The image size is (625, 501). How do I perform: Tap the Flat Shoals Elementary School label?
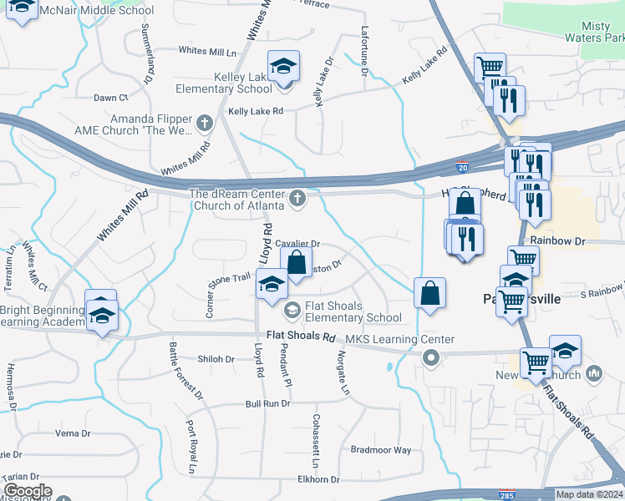click(353, 311)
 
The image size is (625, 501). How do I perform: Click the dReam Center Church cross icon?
click(297, 199)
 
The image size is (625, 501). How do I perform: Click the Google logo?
click(27, 491)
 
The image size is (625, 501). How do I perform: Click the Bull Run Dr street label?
click(267, 403)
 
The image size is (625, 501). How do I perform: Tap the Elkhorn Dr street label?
click(318, 479)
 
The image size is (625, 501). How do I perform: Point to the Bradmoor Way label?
click(381, 449)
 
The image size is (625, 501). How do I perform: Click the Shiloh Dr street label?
click(216, 359)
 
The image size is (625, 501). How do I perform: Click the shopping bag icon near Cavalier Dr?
click(296, 262)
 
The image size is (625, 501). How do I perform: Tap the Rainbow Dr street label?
click(556, 240)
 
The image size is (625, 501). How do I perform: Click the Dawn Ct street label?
click(110, 98)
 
